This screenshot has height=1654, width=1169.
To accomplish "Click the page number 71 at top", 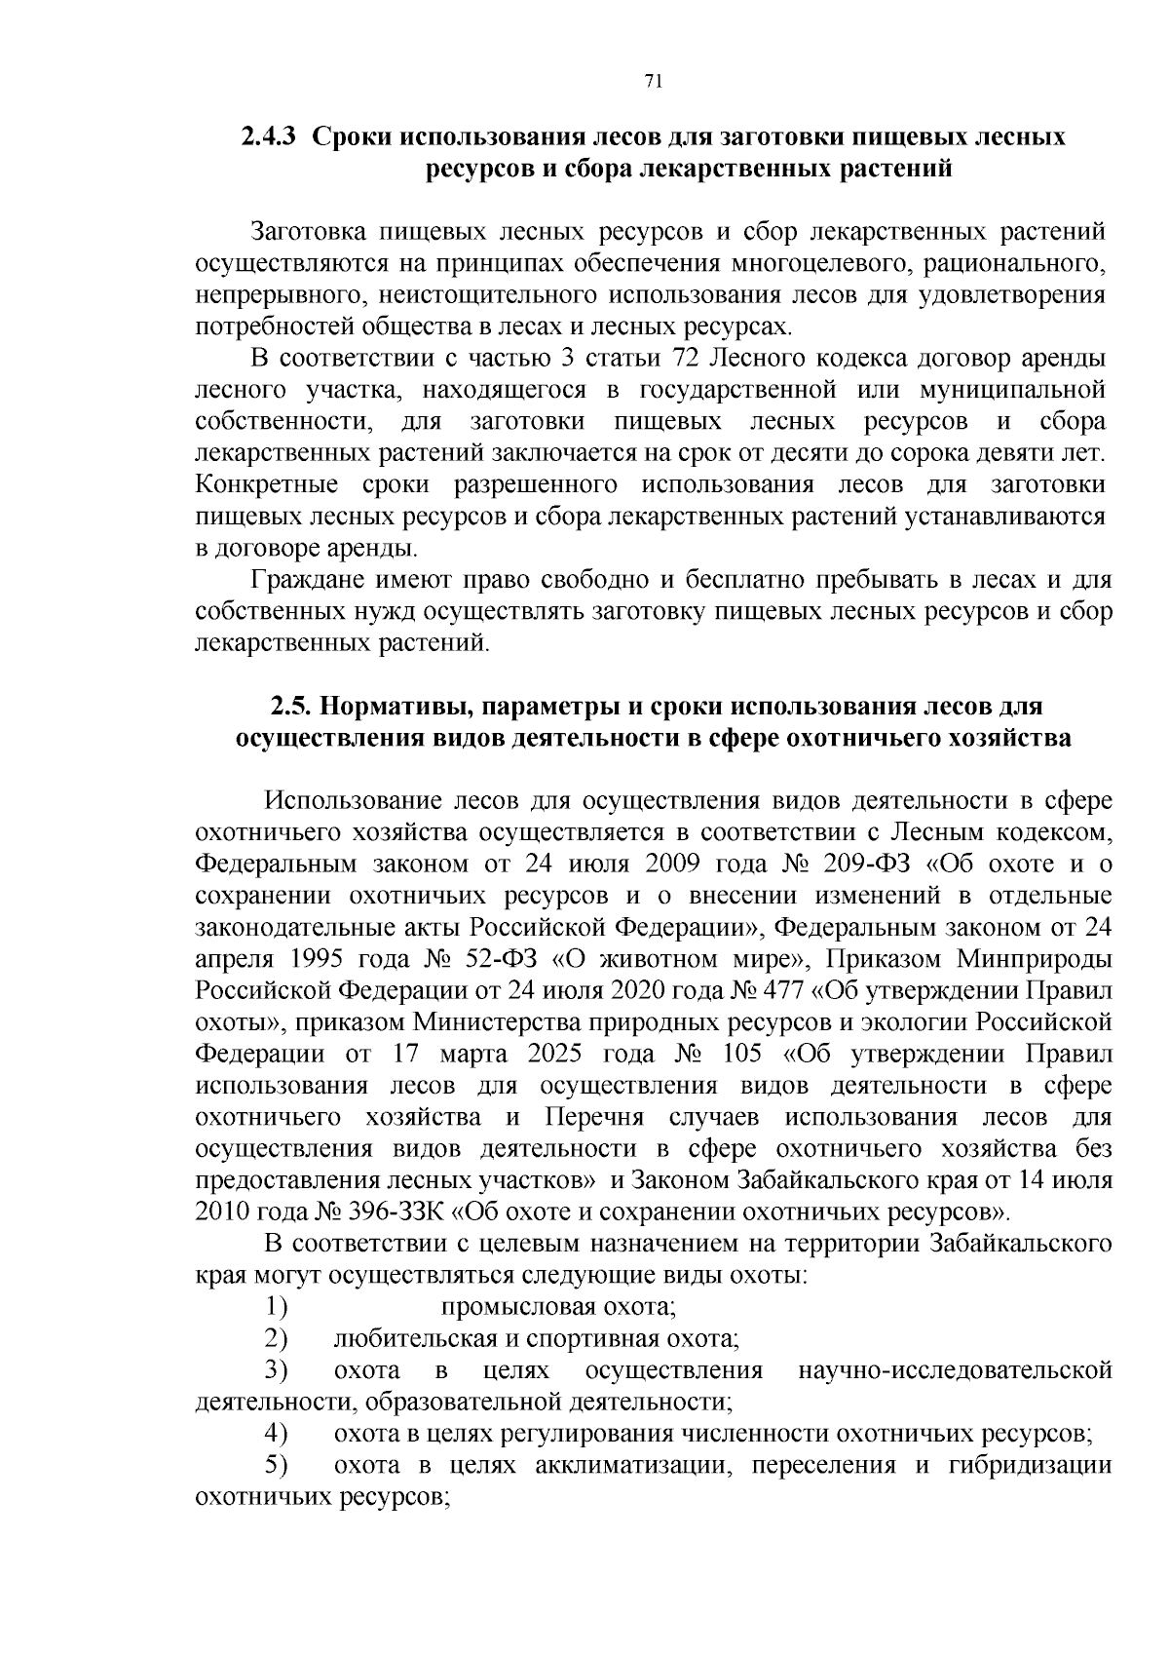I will point(654,83).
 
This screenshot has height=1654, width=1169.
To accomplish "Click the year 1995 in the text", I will point(310,958).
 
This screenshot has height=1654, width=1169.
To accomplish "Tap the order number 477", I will point(781,990).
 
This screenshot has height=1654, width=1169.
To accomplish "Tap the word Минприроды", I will point(1034,958).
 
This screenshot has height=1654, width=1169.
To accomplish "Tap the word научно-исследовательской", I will point(955,1370).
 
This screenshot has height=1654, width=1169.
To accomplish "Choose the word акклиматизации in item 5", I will point(633,1465).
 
